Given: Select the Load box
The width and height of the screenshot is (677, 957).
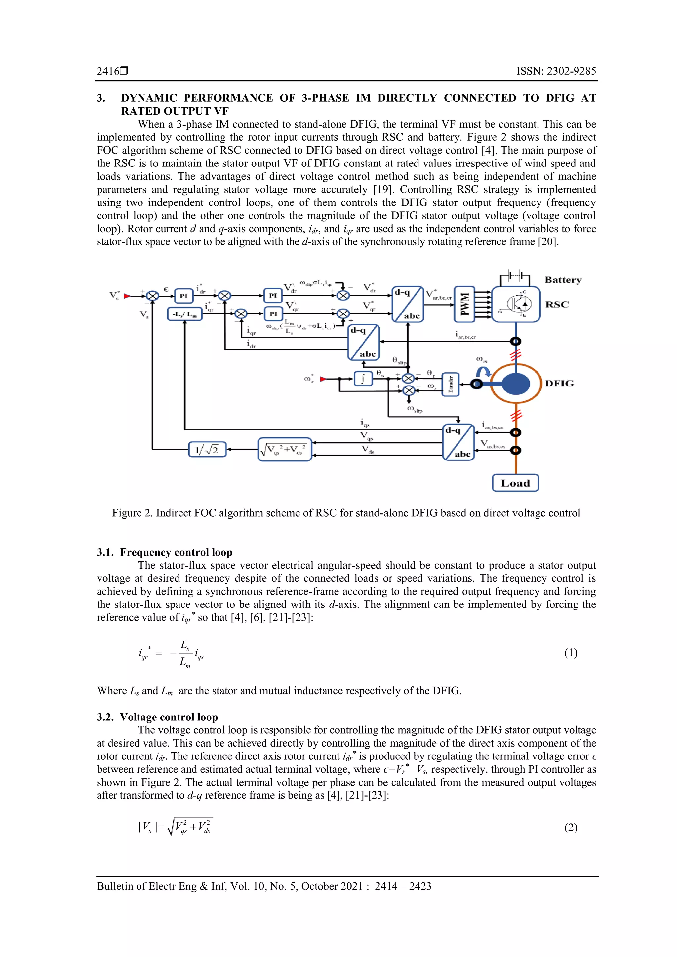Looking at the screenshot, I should click(515, 483).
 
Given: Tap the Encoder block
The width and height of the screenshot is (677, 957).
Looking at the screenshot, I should click(451, 384).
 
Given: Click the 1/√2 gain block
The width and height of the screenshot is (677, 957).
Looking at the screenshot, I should click(207, 449).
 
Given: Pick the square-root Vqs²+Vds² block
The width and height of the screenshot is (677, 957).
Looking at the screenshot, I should click(285, 449).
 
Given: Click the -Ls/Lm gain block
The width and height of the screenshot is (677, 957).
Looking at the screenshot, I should click(184, 314).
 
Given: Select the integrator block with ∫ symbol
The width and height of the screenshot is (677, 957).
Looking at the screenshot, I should click(363, 379).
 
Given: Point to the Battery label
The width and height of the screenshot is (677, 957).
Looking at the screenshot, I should click(563, 280).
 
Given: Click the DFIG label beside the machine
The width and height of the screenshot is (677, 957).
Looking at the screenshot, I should click(559, 384).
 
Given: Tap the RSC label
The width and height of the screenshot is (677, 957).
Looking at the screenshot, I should click(557, 304).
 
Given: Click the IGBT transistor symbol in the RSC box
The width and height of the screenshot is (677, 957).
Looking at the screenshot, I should click(519, 304).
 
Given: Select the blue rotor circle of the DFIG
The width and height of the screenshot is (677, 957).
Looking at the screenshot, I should click(516, 384).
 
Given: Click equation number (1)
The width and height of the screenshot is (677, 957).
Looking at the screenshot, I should click(571, 653).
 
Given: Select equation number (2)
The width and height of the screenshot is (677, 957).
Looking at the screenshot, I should click(571, 828).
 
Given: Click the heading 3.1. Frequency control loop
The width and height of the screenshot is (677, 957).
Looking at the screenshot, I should click(164, 552).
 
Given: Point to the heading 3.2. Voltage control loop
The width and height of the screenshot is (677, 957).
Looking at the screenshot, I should click(157, 717).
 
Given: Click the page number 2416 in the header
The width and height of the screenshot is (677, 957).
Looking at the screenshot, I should click(108, 71).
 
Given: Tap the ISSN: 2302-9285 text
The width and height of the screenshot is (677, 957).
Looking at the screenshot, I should click(556, 71).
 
